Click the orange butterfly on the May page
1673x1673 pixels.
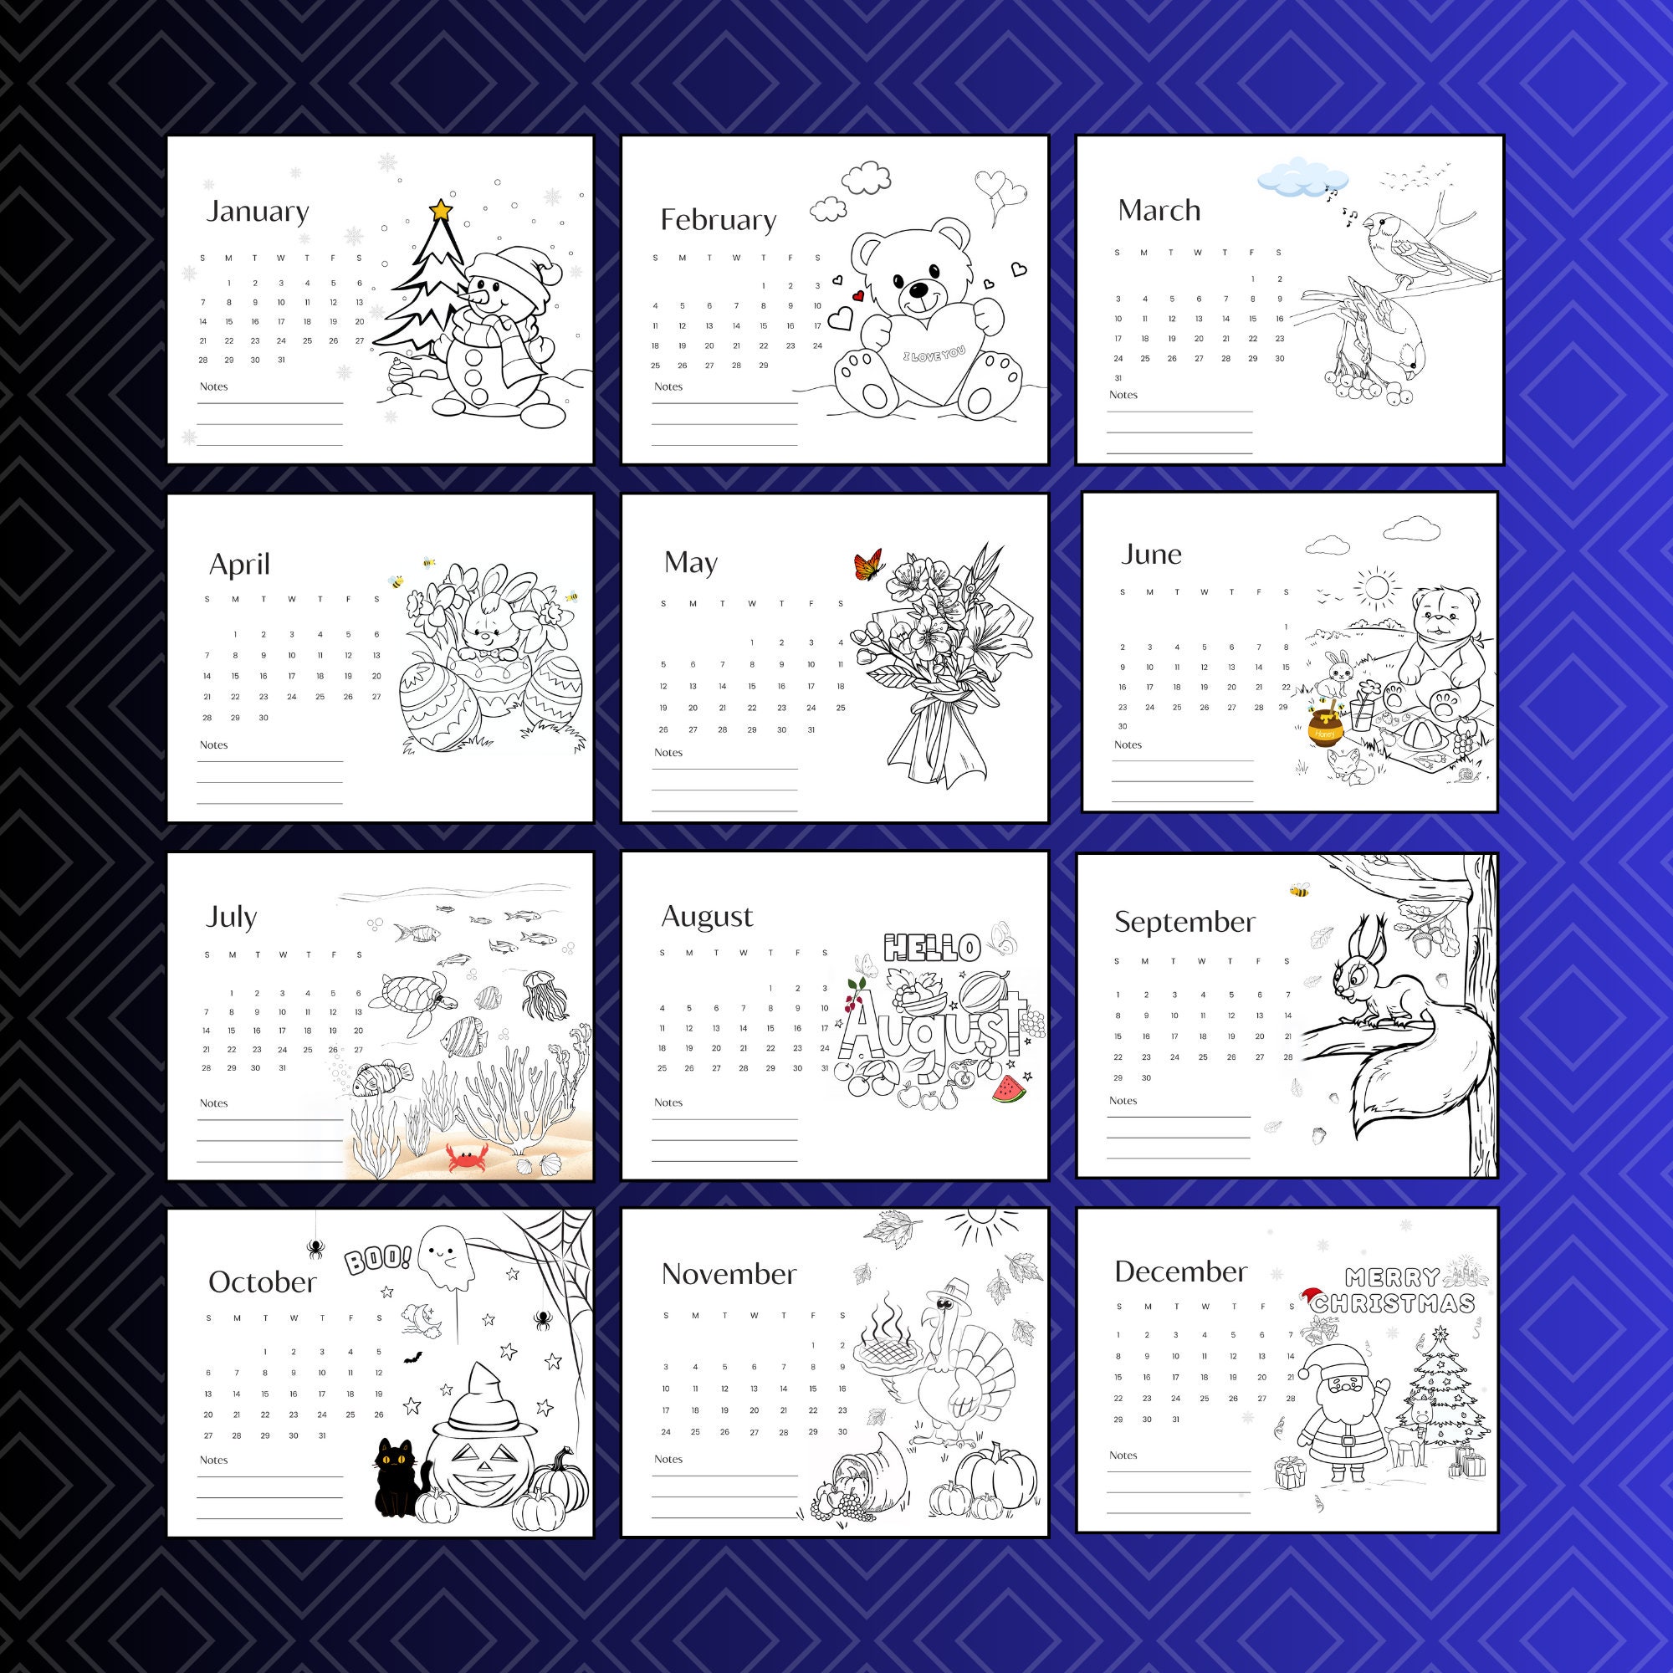[867, 565]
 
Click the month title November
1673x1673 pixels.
[729, 1274]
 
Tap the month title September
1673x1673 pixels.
[1184, 922]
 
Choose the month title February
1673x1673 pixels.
[718, 220]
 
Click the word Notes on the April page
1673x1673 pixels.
[213, 744]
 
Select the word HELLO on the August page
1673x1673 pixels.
[932, 948]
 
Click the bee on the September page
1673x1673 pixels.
[1299, 890]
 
